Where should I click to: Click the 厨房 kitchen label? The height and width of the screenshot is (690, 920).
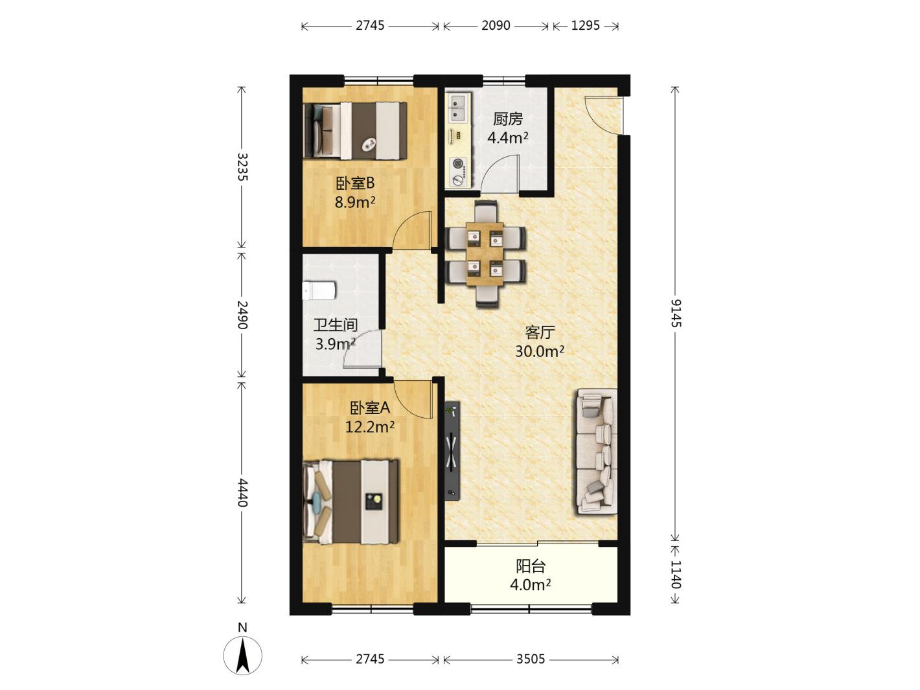(x=507, y=119)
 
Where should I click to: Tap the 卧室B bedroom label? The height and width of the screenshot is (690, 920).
(x=354, y=183)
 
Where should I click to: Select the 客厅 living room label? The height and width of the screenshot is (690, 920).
(x=540, y=332)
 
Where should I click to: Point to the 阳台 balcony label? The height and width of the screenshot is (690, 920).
(x=531, y=566)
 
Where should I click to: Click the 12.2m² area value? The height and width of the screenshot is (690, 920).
(x=370, y=427)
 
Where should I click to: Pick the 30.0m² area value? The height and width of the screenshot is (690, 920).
(x=540, y=352)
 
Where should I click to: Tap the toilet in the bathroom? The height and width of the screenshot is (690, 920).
(x=319, y=290)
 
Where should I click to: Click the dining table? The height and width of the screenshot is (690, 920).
(x=485, y=254)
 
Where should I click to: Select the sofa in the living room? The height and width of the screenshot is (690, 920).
(x=597, y=451)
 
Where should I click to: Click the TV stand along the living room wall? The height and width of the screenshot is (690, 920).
(x=452, y=450)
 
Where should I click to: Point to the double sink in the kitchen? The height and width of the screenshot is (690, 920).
(x=458, y=108)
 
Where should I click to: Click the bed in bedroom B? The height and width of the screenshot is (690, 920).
(x=355, y=131)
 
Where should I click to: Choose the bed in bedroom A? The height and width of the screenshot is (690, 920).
(x=351, y=502)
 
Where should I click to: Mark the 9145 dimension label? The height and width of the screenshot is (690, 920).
(x=676, y=314)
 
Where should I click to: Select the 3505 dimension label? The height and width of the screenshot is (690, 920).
(x=531, y=660)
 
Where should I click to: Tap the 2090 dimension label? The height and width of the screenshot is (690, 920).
(x=496, y=25)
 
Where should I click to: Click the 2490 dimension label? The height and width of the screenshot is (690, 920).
(x=242, y=315)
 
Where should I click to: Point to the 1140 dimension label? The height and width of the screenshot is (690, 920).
(x=676, y=575)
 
